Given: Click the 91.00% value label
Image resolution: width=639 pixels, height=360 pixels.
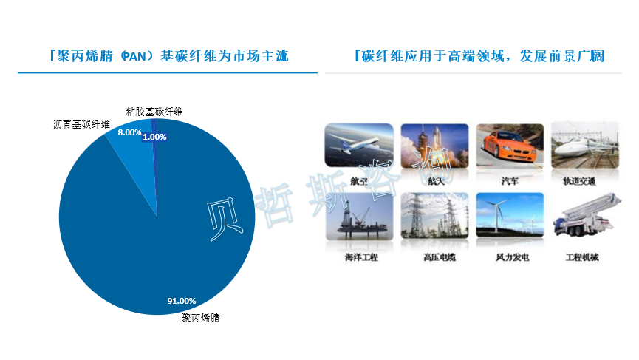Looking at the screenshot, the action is pos(181,301).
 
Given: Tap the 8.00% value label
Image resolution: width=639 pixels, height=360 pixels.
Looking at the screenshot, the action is pos(129,132).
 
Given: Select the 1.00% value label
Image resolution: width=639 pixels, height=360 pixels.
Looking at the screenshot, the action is pos(154,137).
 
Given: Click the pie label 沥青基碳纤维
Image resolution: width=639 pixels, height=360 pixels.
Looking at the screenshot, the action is pos(81,124).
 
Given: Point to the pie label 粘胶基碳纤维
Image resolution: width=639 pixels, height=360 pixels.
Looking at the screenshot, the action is pos(154,112).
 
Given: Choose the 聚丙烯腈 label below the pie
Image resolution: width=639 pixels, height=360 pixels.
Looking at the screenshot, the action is pos(200,318).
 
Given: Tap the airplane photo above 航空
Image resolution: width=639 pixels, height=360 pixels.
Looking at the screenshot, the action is pos(359,146).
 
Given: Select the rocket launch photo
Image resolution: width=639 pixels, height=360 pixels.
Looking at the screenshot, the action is pos(435,146).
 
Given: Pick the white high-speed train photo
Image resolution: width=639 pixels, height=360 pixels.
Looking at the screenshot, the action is pos(585,145).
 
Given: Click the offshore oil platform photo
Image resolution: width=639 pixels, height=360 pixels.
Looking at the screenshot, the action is pos(360,216).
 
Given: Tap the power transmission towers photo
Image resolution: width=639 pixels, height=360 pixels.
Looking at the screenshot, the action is pos(435,216).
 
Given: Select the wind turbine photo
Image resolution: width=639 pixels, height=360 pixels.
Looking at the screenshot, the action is pos(510,215).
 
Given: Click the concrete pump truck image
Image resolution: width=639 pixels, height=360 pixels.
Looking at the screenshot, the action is pos(587,215).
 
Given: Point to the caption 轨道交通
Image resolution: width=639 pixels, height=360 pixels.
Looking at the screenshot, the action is pos(579,181).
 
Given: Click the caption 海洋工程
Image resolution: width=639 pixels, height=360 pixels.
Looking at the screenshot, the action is pos(361,257).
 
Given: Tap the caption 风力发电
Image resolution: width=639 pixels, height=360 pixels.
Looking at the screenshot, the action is pos(512,257).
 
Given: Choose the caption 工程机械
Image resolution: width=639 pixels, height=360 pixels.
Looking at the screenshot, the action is pos(582,257).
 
